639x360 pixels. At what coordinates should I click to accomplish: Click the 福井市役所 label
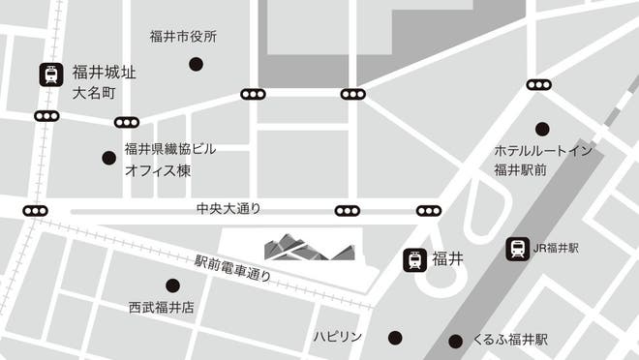(x=183, y=38)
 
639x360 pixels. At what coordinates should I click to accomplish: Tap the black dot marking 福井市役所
(x=196, y=65)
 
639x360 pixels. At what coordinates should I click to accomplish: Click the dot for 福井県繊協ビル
(x=108, y=158)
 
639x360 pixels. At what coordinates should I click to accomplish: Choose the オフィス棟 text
(x=158, y=171)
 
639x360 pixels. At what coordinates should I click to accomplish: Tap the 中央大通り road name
(x=228, y=209)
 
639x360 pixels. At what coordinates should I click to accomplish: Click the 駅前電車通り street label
(x=232, y=268)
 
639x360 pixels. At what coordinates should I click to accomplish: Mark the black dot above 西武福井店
(x=172, y=285)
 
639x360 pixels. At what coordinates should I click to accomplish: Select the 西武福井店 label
(x=162, y=308)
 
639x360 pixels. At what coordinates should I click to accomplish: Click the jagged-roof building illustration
(x=309, y=247)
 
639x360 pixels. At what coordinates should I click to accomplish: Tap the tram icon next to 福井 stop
(x=415, y=260)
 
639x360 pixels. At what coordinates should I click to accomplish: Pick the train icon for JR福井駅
(x=517, y=249)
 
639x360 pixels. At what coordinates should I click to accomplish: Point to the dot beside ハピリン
(x=395, y=337)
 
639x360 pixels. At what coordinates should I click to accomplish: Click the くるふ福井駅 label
(x=510, y=340)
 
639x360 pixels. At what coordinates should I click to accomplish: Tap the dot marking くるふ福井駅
(x=455, y=341)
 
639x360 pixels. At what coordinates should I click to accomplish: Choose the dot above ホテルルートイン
(x=542, y=129)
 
